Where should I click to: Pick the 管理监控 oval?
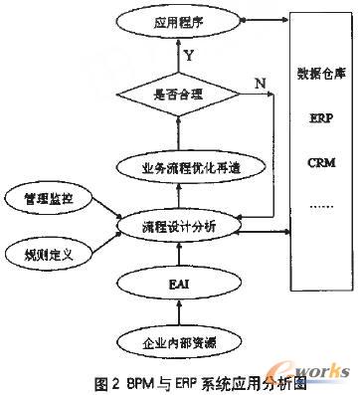point(49,199)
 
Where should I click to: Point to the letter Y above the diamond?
point(189,57)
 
